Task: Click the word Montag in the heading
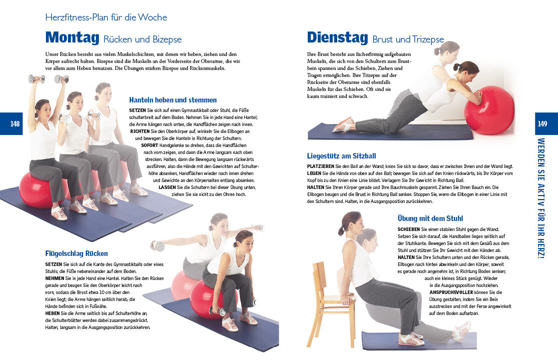(x=72, y=37)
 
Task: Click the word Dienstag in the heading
(x=337, y=37)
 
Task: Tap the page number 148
(x=15, y=124)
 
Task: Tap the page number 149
(x=543, y=124)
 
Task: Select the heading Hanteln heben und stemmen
(x=173, y=100)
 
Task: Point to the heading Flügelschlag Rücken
(x=76, y=253)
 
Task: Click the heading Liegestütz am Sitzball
(x=341, y=156)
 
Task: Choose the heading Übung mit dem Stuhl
(x=430, y=218)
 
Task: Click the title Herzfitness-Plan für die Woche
(x=106, y=17)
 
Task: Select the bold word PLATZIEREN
(x=321, y=166)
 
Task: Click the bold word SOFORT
(x=149, y=145)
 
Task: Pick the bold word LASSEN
(x=167, y=187)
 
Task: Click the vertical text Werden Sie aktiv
(x=541, y=198)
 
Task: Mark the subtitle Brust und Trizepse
(x=408, y=39)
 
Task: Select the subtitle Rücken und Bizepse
(x=142, y=39)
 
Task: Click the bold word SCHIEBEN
(x=409, y=229)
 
